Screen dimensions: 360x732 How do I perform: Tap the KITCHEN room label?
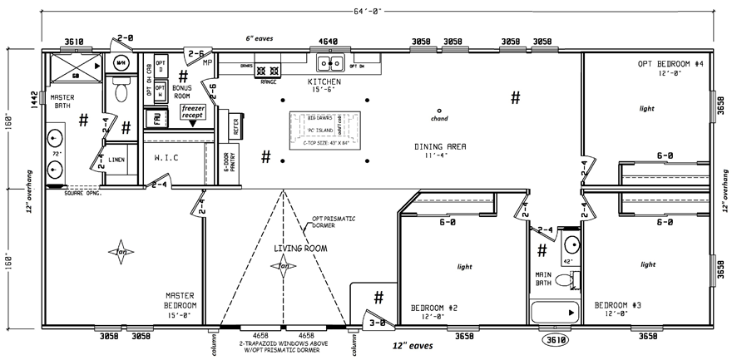click(x=324, y=83)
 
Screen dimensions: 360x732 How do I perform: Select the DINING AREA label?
click(x=439, y=146)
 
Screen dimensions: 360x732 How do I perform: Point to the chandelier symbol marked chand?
click(x=438, y=111)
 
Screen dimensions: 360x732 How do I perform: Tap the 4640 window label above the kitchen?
click(x=329, y=40)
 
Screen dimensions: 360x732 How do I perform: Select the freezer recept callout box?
click(x=193, y=111)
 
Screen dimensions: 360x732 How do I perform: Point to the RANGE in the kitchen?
click(x=269, y=72)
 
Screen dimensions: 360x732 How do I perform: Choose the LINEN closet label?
click(x=116, y=159)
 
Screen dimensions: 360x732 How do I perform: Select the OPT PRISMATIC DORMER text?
click(x=334, y=223)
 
